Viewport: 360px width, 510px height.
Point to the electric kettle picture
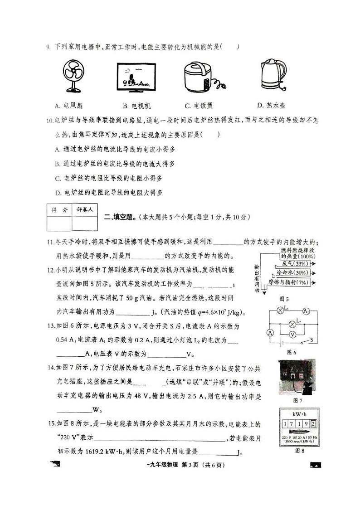[x=273, y=75]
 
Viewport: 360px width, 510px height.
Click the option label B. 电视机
[x=136, y=106]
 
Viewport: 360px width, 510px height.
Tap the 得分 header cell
[x=59, y=210]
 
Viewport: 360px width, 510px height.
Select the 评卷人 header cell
[x=85, y=210]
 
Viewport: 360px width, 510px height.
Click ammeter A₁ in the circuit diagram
[x=306, y=311]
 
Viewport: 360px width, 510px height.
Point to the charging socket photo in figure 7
[x=297, y=377]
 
